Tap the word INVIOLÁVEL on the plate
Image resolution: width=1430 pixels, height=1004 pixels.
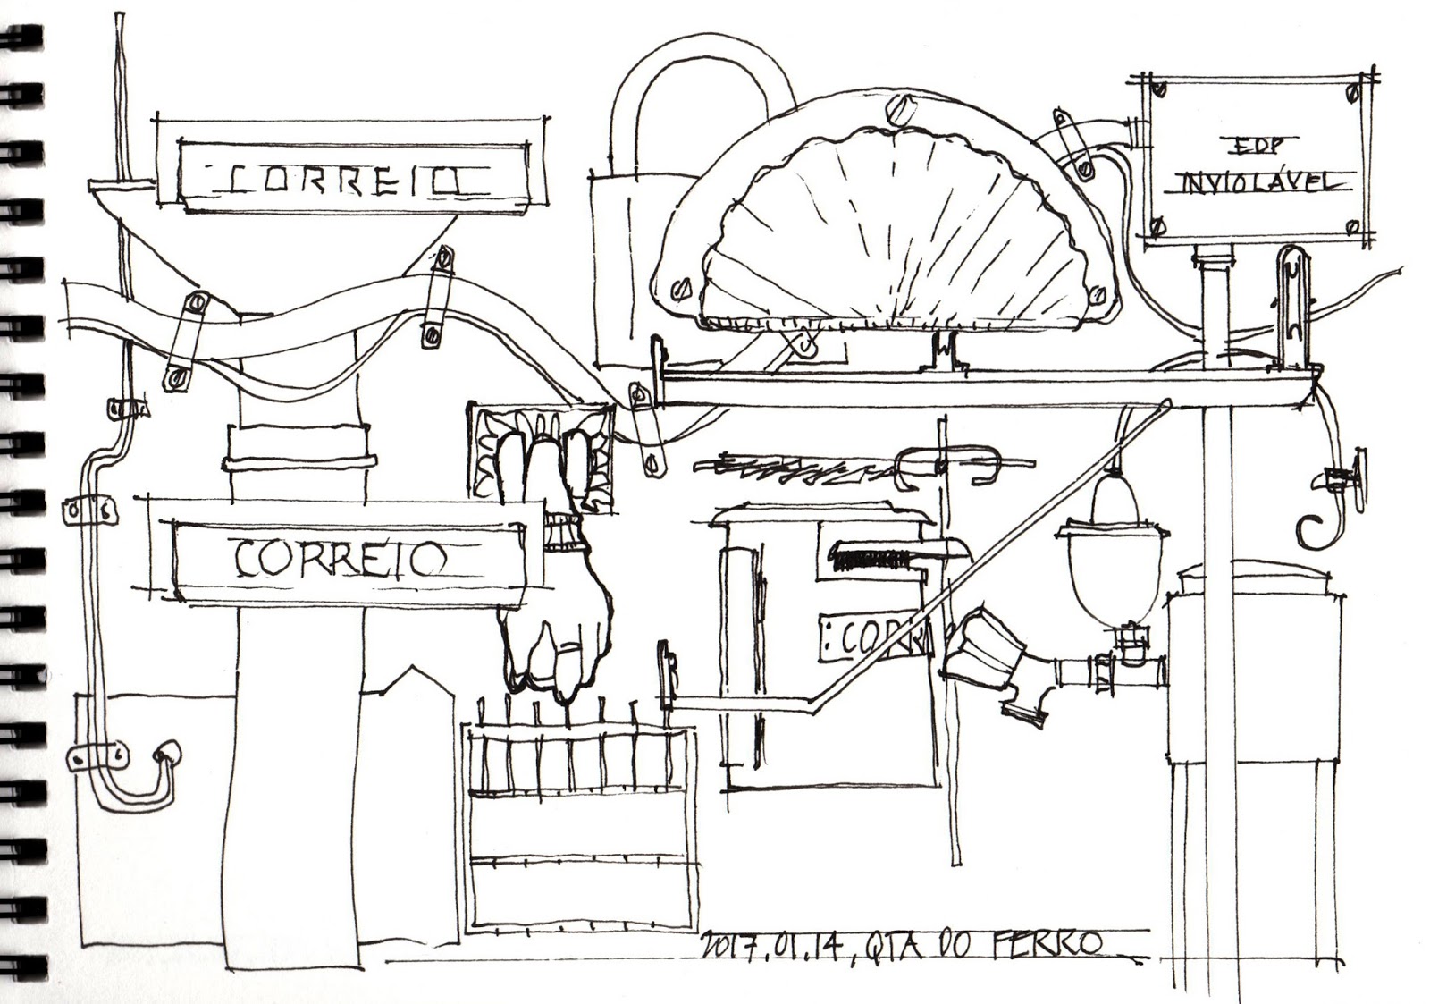point(1257,182)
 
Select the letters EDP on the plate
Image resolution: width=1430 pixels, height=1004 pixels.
point(1249,144)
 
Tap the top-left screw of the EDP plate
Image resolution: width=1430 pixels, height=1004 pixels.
point(1159,89)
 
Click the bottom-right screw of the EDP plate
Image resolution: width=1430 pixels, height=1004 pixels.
point(1355,229)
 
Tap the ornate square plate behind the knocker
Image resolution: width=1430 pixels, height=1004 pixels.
point(543,451)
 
